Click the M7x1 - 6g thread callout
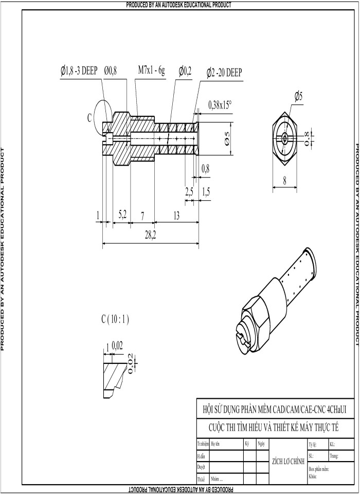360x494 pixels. click(151, 70)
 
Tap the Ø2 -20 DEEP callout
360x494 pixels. click(224, 71)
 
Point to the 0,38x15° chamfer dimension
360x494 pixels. click(220, 104)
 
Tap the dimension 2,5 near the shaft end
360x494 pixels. click(189, 192)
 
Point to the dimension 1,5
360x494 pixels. click(206, 192)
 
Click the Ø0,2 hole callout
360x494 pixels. click(185, 71)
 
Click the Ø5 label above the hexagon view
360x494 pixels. click(299, 96)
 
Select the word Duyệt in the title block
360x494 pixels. click(201, 466)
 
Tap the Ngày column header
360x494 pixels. click(261, 444)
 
